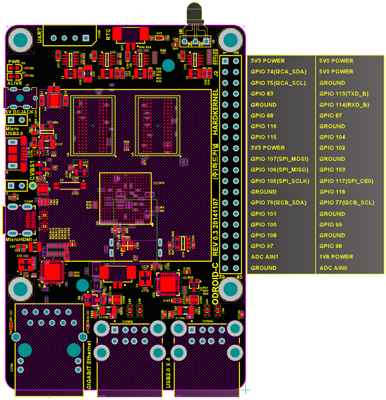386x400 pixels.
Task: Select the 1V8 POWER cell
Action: pos(336,257)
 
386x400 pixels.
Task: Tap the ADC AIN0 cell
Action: pos(334,268)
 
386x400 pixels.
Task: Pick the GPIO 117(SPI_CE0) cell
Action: pos(346,181)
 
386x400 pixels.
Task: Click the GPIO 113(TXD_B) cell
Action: pos(344,94)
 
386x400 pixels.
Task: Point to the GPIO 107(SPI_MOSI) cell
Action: pos(279,159)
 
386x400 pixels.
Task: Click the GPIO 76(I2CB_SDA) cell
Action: pos(278,203)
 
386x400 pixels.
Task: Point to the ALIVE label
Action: pos(15,84)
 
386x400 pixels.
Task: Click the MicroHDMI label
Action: pos(19,239)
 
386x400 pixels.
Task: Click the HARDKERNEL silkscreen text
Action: pos(215,112)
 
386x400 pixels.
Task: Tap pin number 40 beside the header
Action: pos(239,277)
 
